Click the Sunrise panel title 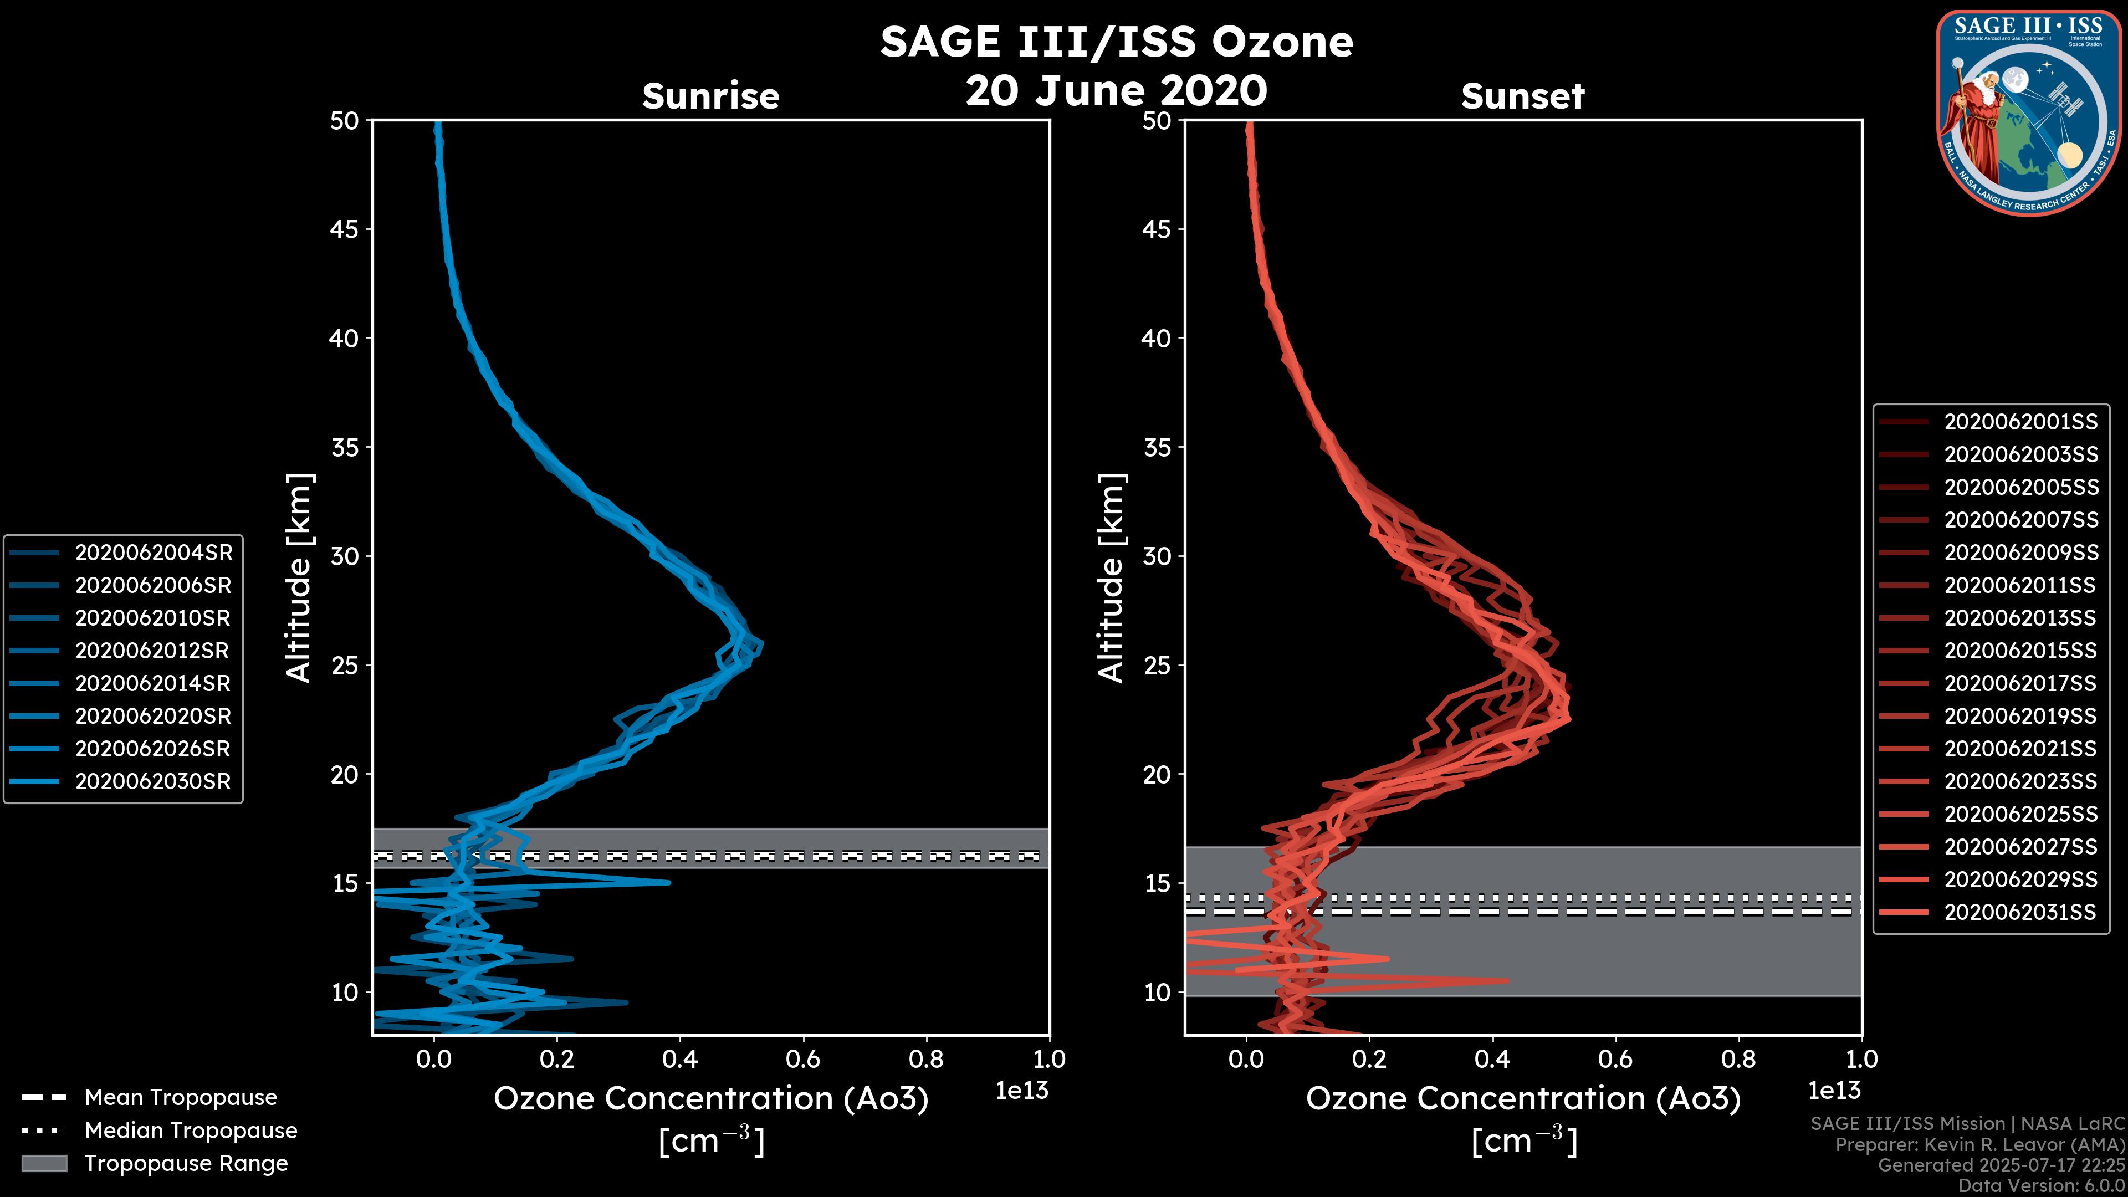(x=710, y=96)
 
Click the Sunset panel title (x=1522, y=96)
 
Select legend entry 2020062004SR (x=154, y=553)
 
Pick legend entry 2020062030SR (x=153, y=781)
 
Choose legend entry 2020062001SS (x=2020, y=422)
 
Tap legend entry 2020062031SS (x=2020, y=913)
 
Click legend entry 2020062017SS (x=2020, y=684)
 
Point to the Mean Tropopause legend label (x=181, y=1098)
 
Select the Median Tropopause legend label (x=191, y=1131)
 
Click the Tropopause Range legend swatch (x=44, y=1164)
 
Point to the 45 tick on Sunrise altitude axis (x=345, y=229)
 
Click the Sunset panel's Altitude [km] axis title (x=1112, y=578)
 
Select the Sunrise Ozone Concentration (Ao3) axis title (x=711, y=1099)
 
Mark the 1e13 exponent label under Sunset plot (x=1834, y=1091)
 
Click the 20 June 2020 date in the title (x=1116, y=91)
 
